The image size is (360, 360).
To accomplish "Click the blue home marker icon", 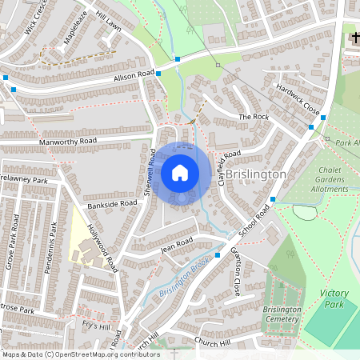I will click(x=180, y=171).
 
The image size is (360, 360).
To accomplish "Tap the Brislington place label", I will click(x=255, y=174).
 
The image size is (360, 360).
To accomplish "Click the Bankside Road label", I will click(x=113, y=204).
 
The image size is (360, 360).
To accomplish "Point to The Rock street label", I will click(x=254, y=117).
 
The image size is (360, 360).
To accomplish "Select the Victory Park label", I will click(x=334, y=298).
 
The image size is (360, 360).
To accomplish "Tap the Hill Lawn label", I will click(x=109, y=16).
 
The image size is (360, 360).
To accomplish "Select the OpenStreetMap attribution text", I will click(x=81, y=354).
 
